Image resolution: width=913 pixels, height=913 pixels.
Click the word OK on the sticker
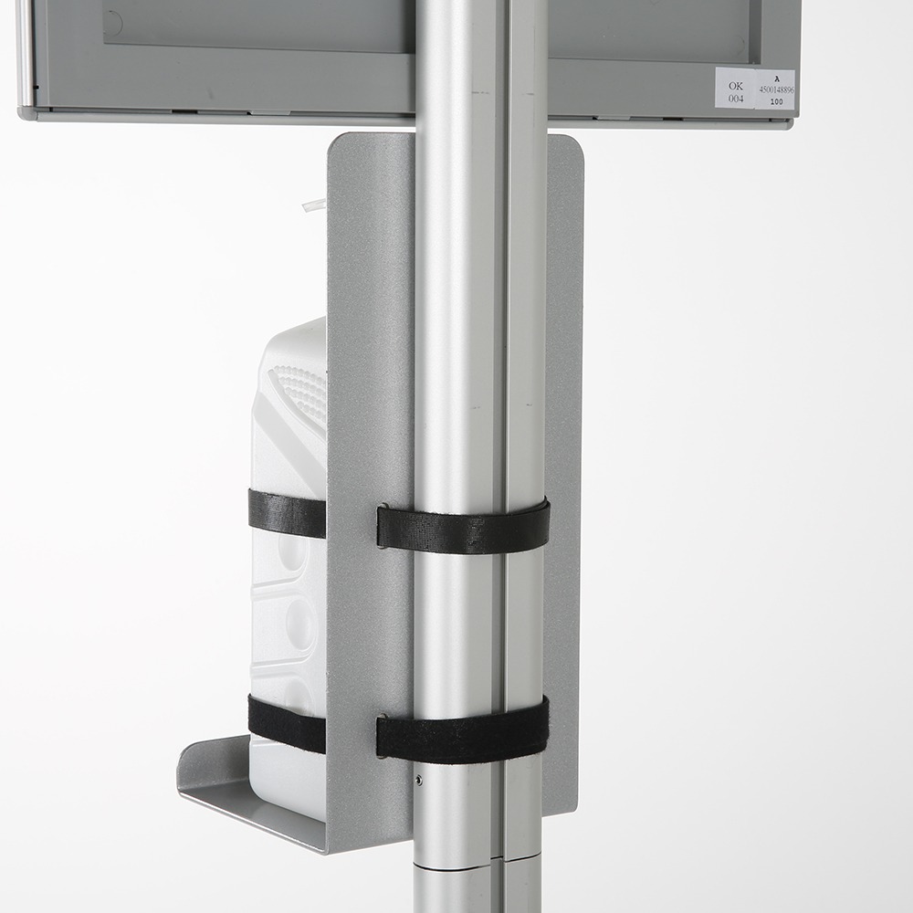click(x=735, y=86)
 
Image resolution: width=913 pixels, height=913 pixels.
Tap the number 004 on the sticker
click(x=736, y=99)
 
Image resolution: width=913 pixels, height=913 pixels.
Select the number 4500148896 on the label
click(x=775, y=90)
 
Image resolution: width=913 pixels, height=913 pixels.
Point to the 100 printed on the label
click(x=776, y=102)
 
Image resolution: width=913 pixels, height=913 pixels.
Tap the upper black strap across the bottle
click(x=286, y=514)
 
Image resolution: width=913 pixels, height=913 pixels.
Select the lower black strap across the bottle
click(x=286, y=724)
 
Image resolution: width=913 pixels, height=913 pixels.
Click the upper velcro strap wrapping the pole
click(x=463, y=529)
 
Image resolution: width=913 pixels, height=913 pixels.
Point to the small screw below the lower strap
click(x=418, y=780)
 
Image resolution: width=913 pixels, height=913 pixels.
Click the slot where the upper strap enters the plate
click(x=380, y=527)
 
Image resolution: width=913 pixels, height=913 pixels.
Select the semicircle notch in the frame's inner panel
click(x=112, y=25)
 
